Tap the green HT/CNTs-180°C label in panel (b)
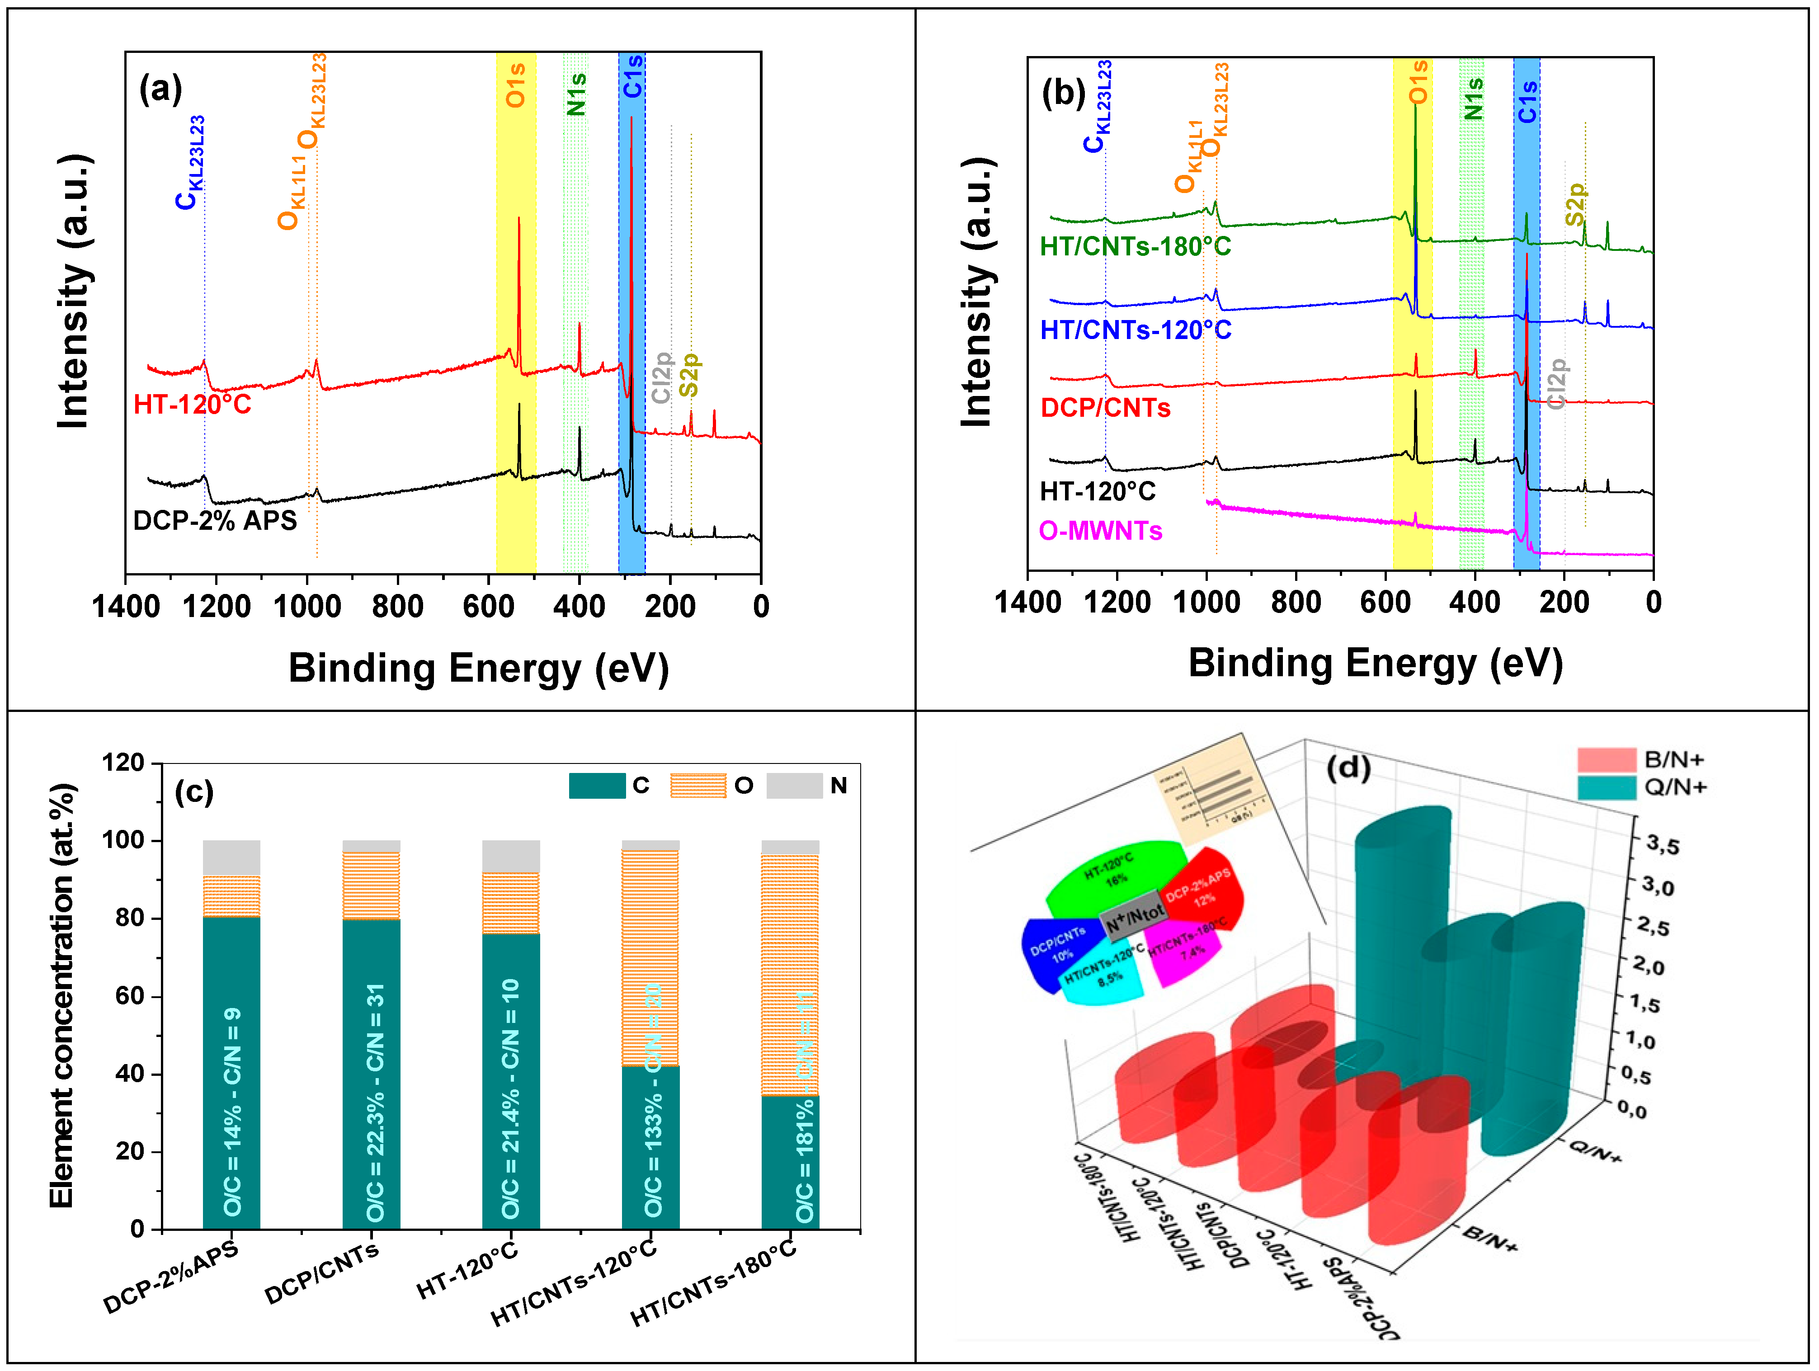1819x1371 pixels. [x=1135, y=247]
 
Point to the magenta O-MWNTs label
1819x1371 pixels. [x=1100, y=531]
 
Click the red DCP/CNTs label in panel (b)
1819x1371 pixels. [x=1105, y=408]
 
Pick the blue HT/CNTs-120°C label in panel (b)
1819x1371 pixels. [x=1136, y=330]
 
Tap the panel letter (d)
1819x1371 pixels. [x=1348, y=768]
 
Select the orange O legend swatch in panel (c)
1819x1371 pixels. [x=697, y=786]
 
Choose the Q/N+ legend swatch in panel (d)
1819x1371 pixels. [x=1606, y=788]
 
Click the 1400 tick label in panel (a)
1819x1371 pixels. [x=126, y=607]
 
